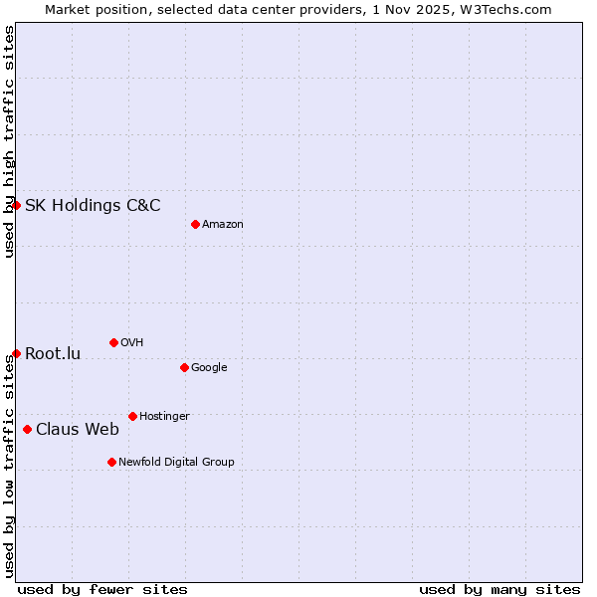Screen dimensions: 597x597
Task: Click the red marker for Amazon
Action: [195, 224]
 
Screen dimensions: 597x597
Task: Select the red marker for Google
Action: [184, 367]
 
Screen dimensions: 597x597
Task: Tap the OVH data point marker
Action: [113, 342]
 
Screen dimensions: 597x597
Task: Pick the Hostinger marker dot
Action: [132, 416]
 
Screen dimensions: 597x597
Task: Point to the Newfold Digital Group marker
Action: [111, 462]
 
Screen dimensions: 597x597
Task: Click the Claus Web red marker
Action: [27, 429]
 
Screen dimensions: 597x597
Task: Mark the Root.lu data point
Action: [16, 353]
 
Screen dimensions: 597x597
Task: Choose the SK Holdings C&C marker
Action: [16, 205]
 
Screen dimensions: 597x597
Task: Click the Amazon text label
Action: [223, 225]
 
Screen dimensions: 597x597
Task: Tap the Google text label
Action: [209, 368]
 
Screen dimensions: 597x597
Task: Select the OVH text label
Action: [132, 343]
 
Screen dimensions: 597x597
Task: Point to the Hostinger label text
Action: [164, 417]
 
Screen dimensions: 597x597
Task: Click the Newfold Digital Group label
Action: [176, 463]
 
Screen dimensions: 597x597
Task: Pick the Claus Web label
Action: [78, 430]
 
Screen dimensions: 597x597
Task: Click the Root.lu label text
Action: [53, 354]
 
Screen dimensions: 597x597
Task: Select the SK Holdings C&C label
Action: [93, 206]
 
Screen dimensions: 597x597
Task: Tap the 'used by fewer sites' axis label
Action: [102, 589]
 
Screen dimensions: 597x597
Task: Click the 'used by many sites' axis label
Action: [499, 589]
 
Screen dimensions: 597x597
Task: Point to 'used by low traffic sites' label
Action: [9, 467]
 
